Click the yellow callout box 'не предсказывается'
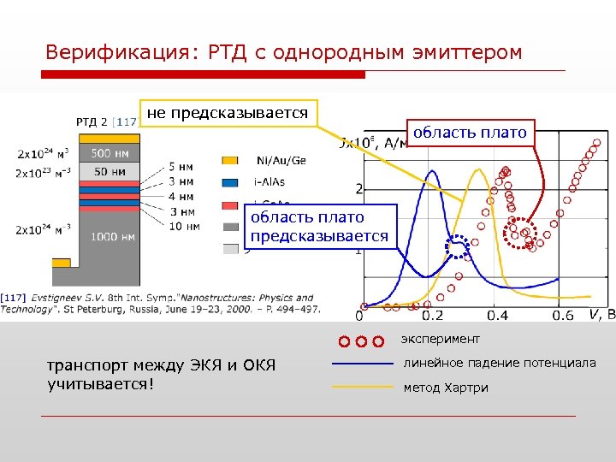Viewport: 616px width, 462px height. coord(228,113)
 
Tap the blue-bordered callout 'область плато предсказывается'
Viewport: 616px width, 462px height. coord(319,227)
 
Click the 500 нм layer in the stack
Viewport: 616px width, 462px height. coord(110,154)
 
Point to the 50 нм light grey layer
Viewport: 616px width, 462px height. coord(110,172)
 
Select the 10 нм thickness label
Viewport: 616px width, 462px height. coord(184,227)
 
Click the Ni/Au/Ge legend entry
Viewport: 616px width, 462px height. coord(281,160)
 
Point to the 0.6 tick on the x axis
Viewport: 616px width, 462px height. coord(562,317)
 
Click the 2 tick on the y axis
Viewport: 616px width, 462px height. coord(359,189)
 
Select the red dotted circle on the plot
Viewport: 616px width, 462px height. coord(518,231)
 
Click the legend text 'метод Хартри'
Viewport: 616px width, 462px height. coord(446,388)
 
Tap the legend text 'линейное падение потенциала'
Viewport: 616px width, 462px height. coord(500,364)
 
